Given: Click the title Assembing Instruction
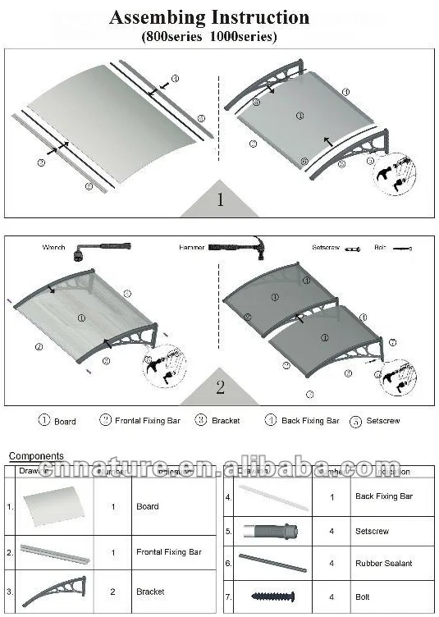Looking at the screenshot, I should (209, 17).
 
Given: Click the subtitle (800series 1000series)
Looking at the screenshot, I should (210, 36).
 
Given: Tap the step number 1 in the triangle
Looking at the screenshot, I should (220, 199).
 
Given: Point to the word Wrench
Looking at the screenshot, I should (54, 247).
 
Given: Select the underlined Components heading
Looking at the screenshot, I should (36, 456).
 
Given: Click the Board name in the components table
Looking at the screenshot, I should (148, 506).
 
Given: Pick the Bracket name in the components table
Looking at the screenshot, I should (150, 591).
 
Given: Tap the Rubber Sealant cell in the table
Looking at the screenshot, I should (383, 563).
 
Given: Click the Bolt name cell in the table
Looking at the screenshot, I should (364, 595).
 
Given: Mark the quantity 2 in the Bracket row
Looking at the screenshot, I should (113, 591).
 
